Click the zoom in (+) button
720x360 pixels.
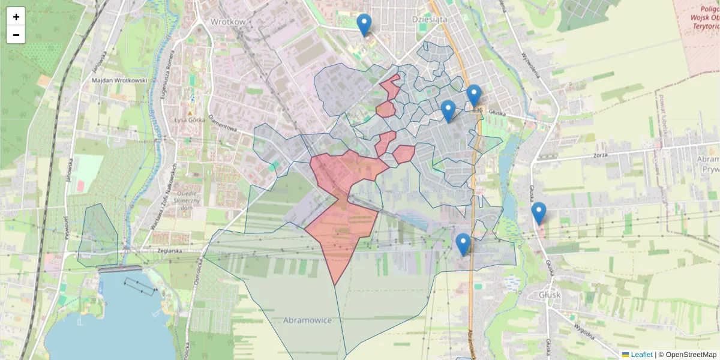click(x=16, y=17)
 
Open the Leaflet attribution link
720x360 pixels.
click(x=641, y=355)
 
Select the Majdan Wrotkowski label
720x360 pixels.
click(x=119, y=80)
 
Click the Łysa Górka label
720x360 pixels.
click(x=190, y=119)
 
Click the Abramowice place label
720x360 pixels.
click(x=307, y=320)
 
